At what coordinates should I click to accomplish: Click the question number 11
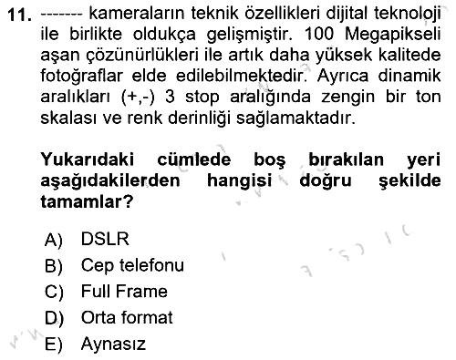pos(20,15)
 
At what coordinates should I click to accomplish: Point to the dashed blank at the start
pos(61,14)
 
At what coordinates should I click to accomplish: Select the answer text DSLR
pos(105,239)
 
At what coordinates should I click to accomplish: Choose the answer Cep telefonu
pos(132,265)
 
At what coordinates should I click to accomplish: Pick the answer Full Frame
pos(124,292)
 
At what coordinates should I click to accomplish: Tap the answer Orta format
pos(127,317)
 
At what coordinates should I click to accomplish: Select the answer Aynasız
pos(113,345)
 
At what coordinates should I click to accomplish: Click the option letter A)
pos(54,240)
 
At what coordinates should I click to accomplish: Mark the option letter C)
pos(54,293)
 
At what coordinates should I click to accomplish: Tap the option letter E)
pos(54,345)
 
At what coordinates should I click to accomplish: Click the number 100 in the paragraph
pos(318,34)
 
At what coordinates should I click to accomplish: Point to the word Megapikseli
pos(393,36)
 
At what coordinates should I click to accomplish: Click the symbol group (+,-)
pos(138,98)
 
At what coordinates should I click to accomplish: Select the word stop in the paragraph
pos(202,98)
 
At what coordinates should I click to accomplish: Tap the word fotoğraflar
pos(81,77)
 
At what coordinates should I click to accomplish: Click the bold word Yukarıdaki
pos(88,159)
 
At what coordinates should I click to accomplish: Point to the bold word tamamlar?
pos(87,201)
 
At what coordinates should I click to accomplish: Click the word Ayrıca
pos(343,77)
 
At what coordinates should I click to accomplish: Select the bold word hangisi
pos(239,181)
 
